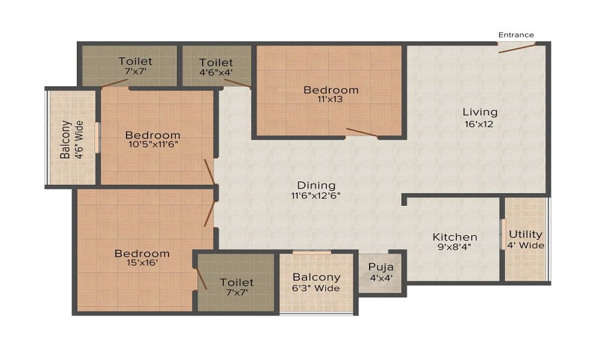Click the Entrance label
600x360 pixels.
516,35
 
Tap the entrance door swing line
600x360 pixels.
517,49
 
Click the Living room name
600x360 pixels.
480,112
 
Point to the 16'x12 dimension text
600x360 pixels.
479,124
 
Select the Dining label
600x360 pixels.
316,185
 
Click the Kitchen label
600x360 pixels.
455,237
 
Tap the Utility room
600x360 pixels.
526,239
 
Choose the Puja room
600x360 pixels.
381,272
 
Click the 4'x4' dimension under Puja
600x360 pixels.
381,278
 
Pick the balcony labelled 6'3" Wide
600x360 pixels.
316,283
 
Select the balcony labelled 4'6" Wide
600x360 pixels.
71,139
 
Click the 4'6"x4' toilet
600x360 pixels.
216,66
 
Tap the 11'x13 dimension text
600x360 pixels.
330,100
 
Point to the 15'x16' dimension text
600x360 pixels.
142,263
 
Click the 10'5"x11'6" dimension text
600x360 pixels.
153,144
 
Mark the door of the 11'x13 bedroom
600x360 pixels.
362,133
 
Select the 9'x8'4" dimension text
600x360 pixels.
454,247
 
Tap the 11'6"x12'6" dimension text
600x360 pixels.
316,196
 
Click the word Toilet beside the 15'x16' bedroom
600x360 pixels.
236,283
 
